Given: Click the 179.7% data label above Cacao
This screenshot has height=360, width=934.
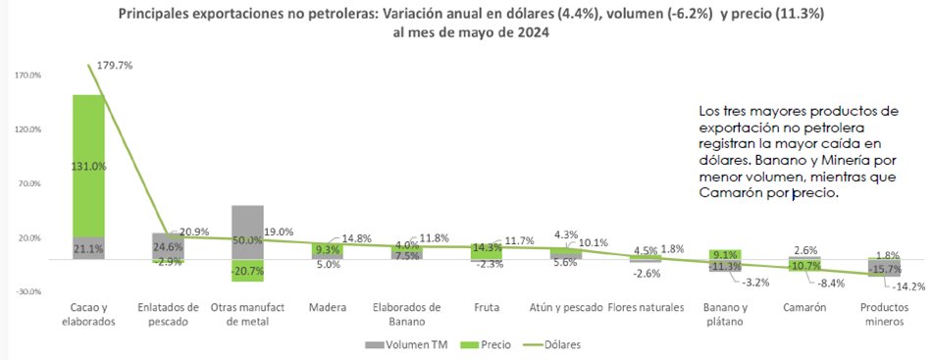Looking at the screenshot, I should click(112, 65).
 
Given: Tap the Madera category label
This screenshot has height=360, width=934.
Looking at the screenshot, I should click(327, 308).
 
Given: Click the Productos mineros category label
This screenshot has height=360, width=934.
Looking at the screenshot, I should click(886, 314).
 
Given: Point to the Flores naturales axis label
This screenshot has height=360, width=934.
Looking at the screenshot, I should click(647, 308).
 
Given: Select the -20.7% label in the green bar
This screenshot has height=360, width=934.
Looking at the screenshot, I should click(247, 270).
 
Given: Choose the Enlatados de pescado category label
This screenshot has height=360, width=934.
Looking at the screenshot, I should click(167, 314).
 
